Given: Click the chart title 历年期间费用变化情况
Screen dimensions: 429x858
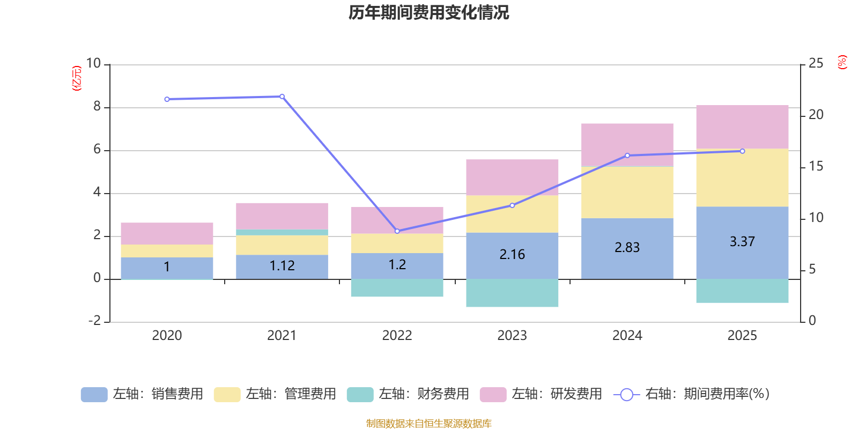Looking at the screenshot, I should point(428,12).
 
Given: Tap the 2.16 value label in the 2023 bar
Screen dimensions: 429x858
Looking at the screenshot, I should point(512,254).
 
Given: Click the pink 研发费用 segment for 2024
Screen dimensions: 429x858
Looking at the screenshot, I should point(627,144).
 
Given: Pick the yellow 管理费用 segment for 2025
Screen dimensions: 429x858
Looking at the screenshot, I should point(742,177).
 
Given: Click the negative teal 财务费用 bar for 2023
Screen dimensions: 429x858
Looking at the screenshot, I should point(512,293).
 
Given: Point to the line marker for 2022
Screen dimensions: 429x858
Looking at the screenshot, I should point(397,231).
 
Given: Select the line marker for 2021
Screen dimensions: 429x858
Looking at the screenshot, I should point(282,97).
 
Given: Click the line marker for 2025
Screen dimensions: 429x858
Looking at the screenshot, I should point(742,151).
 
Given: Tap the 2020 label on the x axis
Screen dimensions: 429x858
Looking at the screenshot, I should point(167,336).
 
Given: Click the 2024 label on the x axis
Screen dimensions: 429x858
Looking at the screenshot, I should point(627,336).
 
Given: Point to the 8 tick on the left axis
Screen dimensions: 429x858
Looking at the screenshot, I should point(97,107).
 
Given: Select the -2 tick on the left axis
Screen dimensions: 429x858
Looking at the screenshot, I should point(94,321).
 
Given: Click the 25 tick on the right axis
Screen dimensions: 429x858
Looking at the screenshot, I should point(816,64).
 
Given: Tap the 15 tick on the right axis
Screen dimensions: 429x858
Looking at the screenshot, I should point(816,167).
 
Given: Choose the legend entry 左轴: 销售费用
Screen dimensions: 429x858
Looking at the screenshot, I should point(142,394).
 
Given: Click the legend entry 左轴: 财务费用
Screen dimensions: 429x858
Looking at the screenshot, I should point(408,394).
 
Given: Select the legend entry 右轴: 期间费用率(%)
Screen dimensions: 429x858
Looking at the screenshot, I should point(692,394).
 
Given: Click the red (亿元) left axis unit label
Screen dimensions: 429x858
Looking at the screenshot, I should point(77,78).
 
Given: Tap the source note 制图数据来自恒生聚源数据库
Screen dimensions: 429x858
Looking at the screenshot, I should point(428,424).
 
